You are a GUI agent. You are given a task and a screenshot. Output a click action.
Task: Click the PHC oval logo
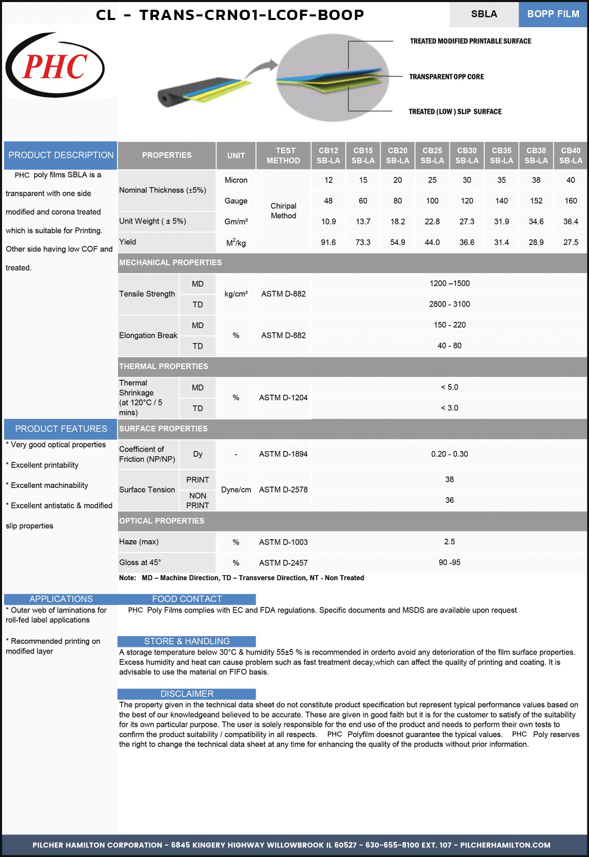coord(55,66)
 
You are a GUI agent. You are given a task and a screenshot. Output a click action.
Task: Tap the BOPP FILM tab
coord(553,14)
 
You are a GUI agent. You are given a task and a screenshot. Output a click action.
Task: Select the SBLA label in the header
coord(484,14)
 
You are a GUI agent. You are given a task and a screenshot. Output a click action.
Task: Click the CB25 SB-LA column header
coord(432,155)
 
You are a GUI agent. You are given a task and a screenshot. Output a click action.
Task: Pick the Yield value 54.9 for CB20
coord(398,242)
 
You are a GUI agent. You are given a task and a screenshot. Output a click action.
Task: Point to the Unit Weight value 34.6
coord(536,221)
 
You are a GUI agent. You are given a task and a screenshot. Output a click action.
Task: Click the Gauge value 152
coord(536,201)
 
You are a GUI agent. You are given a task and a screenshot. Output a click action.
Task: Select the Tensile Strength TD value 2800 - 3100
coord(449,304)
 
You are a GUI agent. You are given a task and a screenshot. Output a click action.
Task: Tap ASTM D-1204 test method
coord(283,398)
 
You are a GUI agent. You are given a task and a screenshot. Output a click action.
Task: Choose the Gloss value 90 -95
coord(449,562)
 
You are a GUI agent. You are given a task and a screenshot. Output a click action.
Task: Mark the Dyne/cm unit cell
coord(236,490)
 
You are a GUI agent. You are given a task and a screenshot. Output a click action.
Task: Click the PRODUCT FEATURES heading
coord(61,429)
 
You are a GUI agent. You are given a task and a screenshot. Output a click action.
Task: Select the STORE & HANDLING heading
coord(187,641)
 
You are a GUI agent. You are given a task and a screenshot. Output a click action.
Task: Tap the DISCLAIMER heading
coord(187,694)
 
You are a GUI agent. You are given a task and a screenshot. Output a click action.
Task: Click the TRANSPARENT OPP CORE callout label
coord(446,77)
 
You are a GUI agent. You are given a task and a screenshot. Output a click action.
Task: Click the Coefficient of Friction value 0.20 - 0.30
coord(449,454)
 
